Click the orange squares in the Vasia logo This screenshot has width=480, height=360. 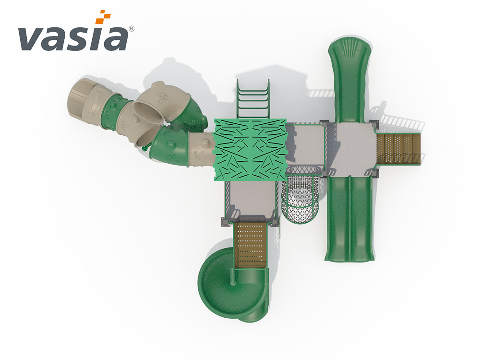(103, 17)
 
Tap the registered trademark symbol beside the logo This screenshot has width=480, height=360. (132, 29)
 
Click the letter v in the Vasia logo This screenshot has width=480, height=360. (32, 39)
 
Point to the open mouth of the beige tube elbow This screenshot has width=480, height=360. (149, 112)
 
